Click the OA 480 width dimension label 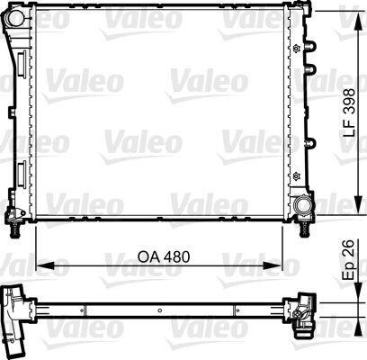pos(164,257)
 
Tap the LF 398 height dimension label pos(349,112)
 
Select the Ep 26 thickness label pos(349,260)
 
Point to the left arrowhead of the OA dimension pos(45,265)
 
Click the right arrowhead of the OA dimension pos(273,265)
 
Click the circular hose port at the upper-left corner pos(15,18)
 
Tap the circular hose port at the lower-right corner pos(302,205)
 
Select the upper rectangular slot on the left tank pos(22,63)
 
